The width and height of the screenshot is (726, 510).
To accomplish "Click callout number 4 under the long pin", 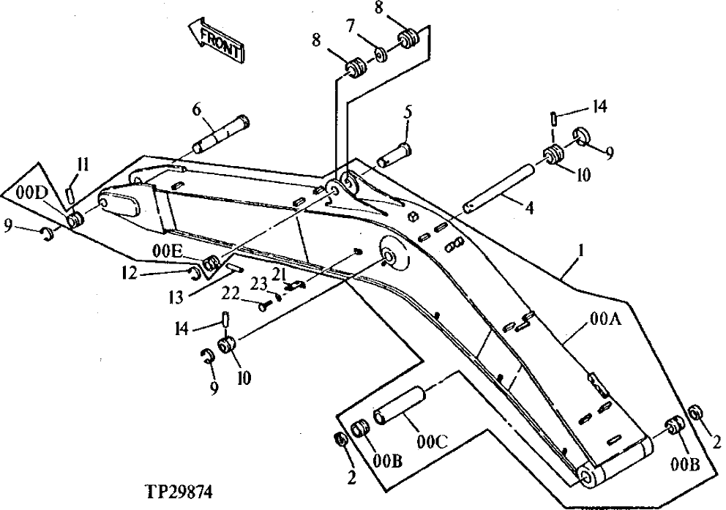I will [528, 208].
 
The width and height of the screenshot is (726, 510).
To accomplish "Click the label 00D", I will [30, 192].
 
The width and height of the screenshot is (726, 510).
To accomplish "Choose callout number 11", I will [82, 165].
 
